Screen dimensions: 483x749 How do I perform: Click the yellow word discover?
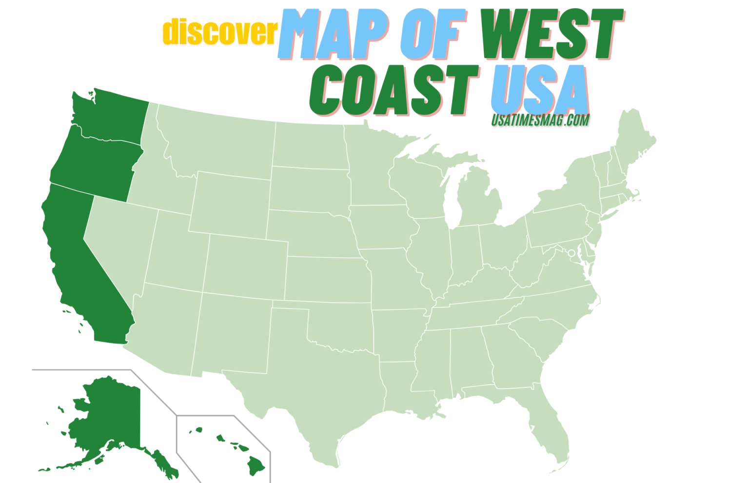[x=220, y=32]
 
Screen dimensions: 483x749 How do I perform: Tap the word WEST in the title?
[x=551, y=34]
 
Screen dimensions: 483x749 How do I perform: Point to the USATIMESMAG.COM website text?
[x=540, y=120]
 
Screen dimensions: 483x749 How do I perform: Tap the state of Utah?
[x=176, y=254]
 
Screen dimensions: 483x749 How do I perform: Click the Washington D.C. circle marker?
[x=572, y=253]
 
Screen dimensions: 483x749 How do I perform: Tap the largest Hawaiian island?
[x=256, y=465]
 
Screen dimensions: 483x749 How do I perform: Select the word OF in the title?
[x=429, y=34]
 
